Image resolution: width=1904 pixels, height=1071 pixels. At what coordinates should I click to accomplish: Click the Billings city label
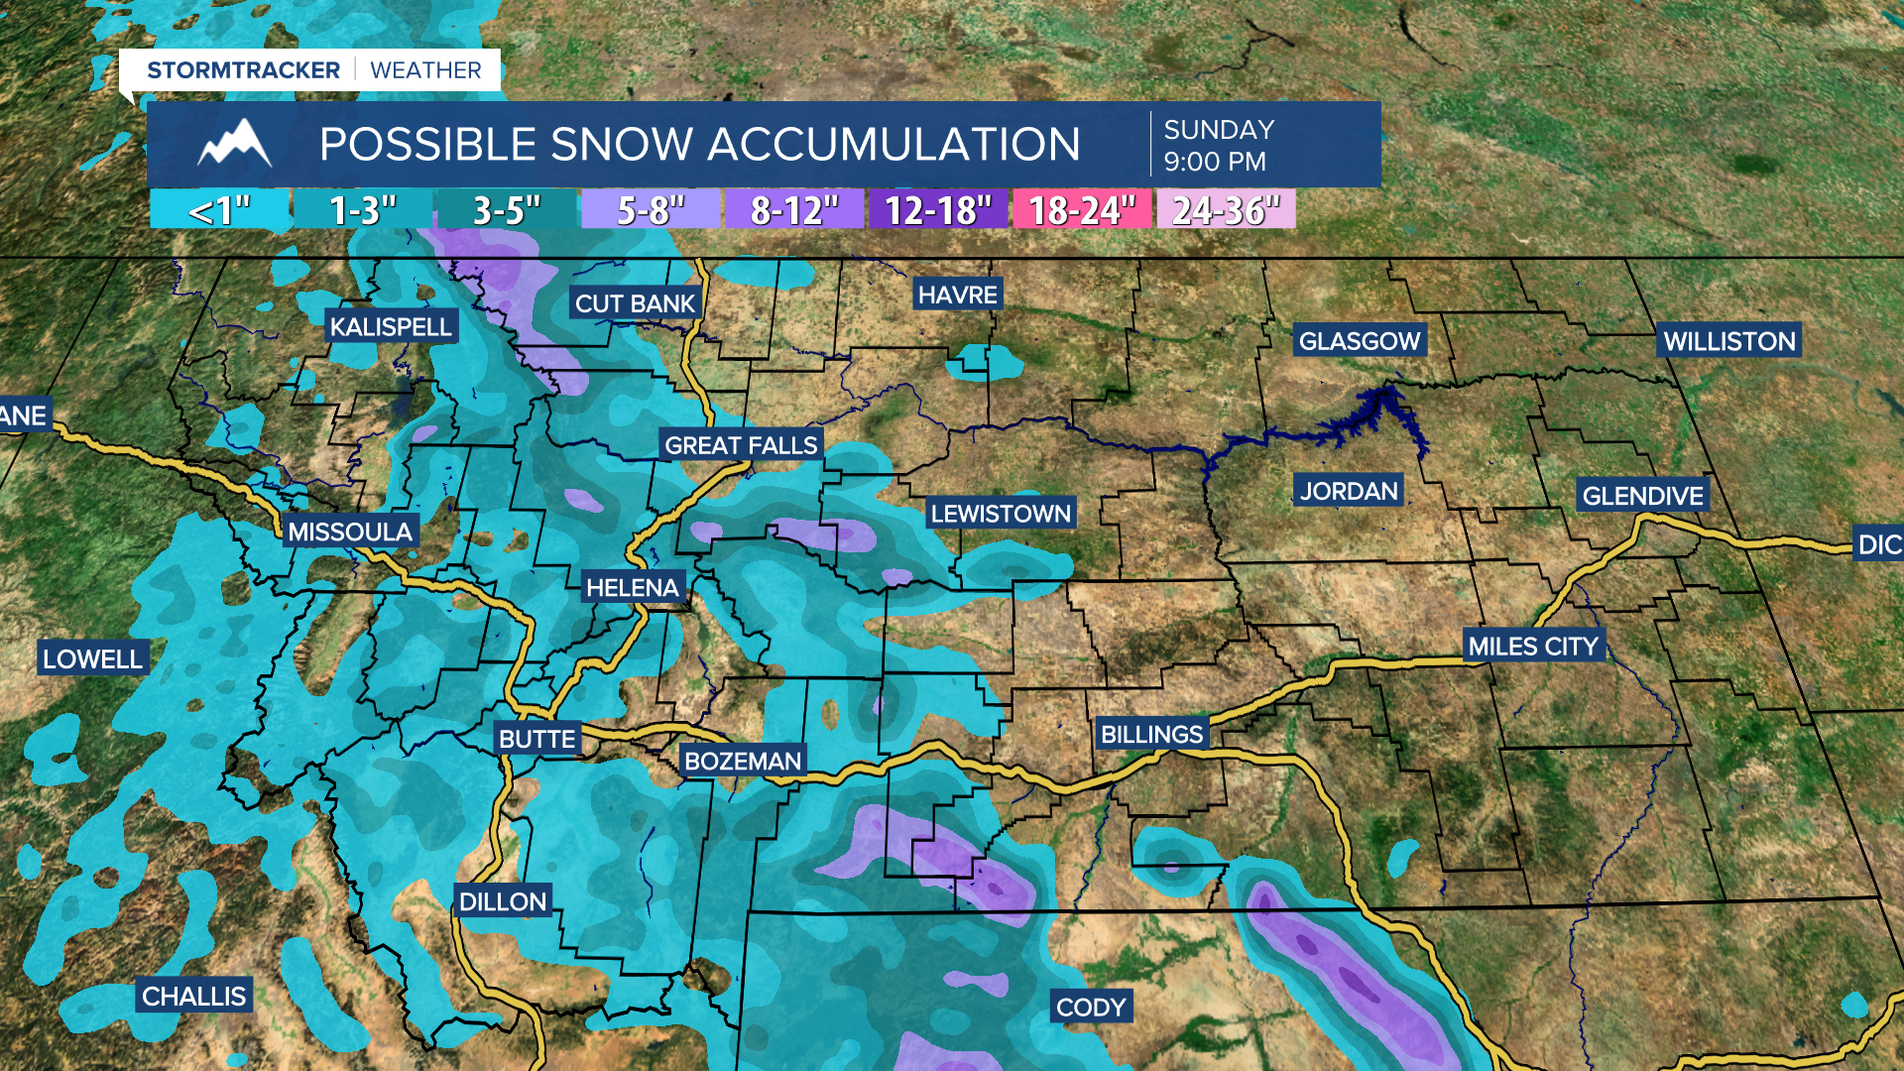(1151, 735)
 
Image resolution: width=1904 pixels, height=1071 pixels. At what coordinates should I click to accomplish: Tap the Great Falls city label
(741, 445)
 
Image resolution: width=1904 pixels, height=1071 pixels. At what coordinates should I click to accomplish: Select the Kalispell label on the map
(391, 327)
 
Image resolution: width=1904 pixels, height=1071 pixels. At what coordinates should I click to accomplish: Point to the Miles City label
(1533, 647)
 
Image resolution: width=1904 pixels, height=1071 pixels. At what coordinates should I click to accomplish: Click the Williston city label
(1728, 341)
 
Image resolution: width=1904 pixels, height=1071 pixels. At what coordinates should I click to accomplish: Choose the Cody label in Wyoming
(1091, 1008)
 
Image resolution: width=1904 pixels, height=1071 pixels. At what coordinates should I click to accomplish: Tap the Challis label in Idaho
(193, 996)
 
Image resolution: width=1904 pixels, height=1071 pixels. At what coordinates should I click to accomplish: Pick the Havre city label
(957, 295)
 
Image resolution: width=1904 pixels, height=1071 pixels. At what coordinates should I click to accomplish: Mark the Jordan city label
(1349, 491)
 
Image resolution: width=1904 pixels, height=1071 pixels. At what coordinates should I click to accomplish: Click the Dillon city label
(503, 901)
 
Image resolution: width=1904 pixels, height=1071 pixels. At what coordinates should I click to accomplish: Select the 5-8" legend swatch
(651, 210)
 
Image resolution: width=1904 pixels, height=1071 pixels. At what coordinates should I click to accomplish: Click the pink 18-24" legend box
(1082, 210)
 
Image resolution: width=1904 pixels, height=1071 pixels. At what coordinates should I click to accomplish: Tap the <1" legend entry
(219, 210)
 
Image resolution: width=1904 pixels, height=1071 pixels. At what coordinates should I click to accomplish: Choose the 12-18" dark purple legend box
(938, 210)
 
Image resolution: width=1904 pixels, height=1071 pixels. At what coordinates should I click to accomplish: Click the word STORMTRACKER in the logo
(243, 70)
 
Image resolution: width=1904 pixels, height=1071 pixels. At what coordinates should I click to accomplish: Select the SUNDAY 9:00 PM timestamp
(1219, 145)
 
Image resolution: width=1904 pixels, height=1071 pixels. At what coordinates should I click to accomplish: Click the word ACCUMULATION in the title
(893, 145)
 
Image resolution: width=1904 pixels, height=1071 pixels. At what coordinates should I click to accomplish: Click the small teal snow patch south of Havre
(984, 365)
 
